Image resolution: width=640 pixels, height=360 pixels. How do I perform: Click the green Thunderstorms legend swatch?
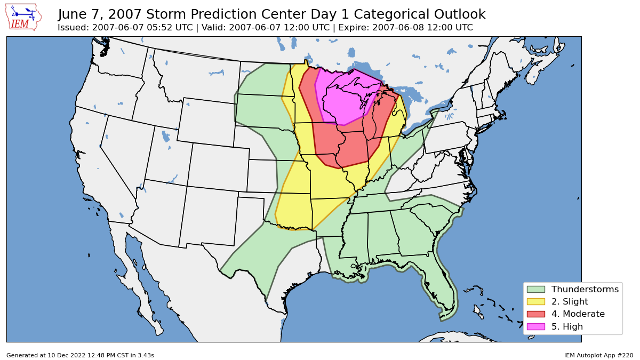click(x=535, y=289)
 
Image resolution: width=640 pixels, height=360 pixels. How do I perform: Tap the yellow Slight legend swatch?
click(x=535, y=302)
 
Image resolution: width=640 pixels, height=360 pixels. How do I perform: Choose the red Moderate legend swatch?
click(x=535, y=314)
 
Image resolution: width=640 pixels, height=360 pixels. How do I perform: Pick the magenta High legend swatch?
click(x=535, y=326)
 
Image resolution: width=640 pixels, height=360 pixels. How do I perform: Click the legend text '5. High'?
click(x=567, y=326)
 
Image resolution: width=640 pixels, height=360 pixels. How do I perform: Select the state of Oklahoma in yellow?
click(x=293, y=211)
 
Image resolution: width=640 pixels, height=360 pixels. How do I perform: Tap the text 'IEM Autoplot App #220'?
click(x=598, y=355)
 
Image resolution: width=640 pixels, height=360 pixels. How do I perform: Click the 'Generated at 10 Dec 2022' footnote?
click(x=80, y=355)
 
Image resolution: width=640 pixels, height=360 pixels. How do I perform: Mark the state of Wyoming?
click(x=205, y=123)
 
